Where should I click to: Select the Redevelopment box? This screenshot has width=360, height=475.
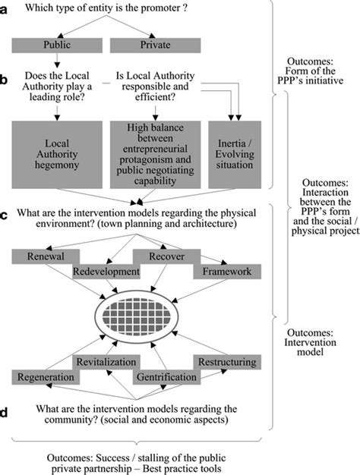tap(106, 271)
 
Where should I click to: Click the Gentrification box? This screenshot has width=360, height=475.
tap(165, 376)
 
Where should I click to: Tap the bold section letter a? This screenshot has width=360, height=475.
tap(7, 9)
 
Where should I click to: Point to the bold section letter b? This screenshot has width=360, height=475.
tap(7, 78)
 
